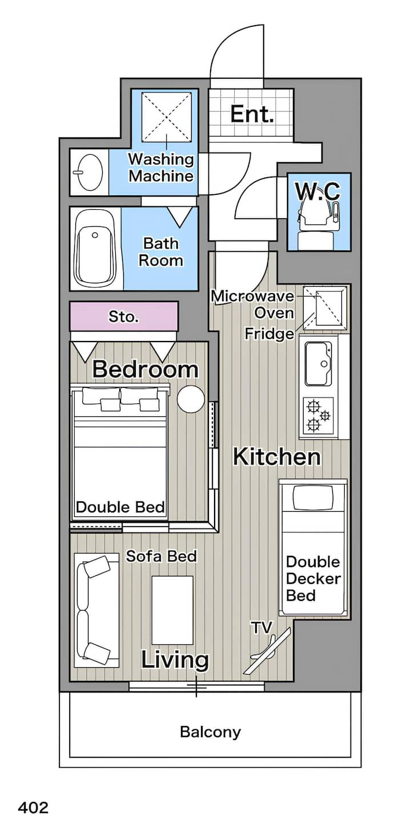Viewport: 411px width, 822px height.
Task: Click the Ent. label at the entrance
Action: point(252,114)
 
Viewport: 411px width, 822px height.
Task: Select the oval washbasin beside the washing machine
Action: point(89,172)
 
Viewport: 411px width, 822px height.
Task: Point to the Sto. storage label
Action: point(123,316)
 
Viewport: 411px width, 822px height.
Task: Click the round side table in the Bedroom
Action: point(191,399)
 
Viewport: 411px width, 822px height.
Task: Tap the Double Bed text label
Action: point(120,507)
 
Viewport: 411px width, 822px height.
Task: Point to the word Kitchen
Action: point(277,457)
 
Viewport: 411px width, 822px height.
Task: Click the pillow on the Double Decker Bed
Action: point(313,498)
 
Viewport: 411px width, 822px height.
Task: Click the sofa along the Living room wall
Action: point(96,610)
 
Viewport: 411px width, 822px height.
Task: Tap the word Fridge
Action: point(269,334)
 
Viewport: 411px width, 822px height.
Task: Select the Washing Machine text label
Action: point(160,167)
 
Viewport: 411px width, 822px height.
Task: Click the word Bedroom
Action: point(145,369)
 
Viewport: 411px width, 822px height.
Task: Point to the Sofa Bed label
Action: point(162,556)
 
